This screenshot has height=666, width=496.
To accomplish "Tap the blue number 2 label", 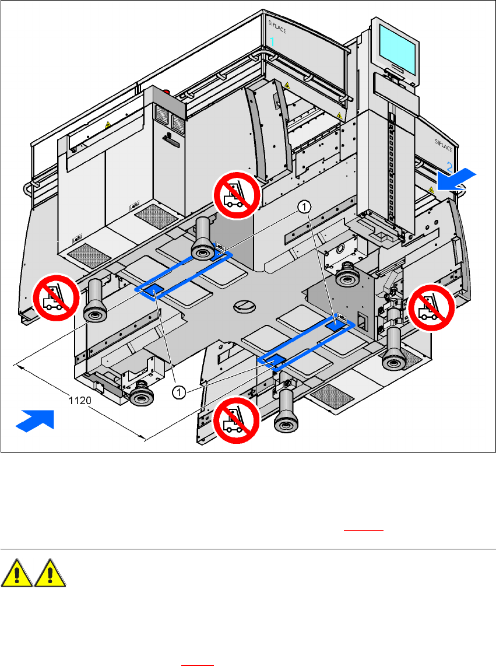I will tap(449, 166).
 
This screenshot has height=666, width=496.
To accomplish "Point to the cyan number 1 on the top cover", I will tap(272, 41).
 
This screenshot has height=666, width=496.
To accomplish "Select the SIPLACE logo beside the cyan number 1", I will tap(276, 25).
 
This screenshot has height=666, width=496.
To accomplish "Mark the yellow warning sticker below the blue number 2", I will tap(431, 190).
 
